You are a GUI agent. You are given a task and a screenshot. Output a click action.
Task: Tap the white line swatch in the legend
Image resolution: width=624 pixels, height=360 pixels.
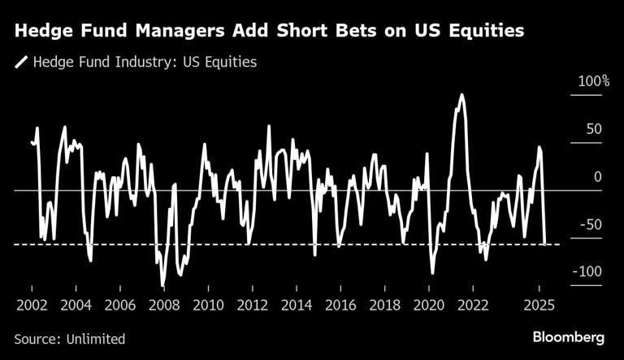20,61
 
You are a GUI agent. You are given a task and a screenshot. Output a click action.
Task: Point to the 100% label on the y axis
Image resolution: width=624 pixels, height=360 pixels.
594,82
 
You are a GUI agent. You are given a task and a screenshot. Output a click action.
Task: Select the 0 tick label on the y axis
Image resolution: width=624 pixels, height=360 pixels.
598,176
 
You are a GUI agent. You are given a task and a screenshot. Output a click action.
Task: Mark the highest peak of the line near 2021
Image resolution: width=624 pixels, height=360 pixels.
461,94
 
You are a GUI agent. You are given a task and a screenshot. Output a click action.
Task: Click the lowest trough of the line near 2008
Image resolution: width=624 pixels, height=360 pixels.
163,285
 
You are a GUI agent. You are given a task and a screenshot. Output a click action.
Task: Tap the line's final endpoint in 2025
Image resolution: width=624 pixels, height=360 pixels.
545,242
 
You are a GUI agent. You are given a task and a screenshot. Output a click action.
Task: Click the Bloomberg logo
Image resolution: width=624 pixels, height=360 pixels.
568,337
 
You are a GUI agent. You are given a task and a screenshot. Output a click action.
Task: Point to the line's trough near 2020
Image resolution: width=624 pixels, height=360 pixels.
432,274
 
